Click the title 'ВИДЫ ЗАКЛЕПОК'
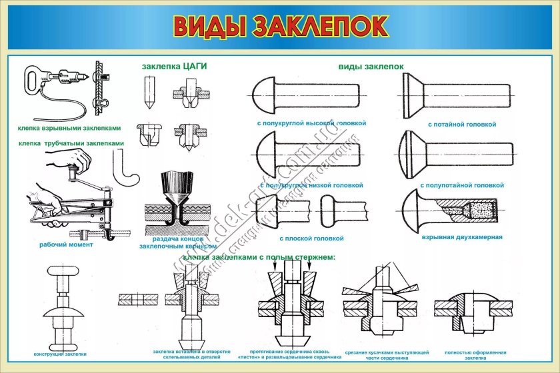click(280, 26)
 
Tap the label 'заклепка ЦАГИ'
click(175, 66)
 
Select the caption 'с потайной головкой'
click(462, 125)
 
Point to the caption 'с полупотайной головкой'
click(462, 185)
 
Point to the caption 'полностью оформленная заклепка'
click(471, 354)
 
